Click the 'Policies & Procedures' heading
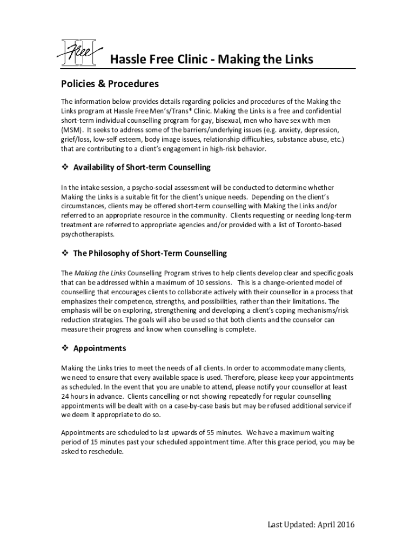point(110,84)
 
